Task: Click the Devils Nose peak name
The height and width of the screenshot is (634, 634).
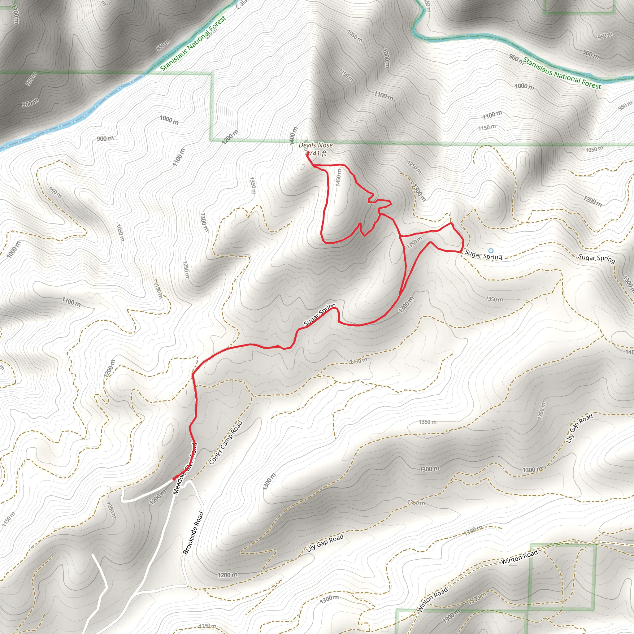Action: coord(315,145)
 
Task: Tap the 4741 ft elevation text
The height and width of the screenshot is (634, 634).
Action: coord(316,153)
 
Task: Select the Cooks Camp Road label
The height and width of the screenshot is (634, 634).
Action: coord(225,443)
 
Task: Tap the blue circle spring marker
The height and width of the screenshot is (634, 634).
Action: coord(491,251)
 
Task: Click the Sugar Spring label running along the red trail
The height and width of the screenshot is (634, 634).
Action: coord(319,315)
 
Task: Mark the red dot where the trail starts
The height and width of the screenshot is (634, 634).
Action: coord(174,479)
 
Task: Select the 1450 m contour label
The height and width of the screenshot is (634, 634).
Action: coord(338,177)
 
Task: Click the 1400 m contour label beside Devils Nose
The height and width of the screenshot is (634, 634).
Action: coord(293,136)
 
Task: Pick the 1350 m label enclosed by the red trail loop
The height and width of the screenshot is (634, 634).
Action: coord(414,242)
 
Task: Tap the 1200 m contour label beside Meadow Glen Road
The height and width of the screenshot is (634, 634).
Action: coord(158,497)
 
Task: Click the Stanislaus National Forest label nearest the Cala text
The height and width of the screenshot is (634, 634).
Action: coord(193,43)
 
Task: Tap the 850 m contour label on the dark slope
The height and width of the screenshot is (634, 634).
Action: coord(163,45)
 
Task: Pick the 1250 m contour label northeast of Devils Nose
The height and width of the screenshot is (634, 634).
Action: coord(414,167)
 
